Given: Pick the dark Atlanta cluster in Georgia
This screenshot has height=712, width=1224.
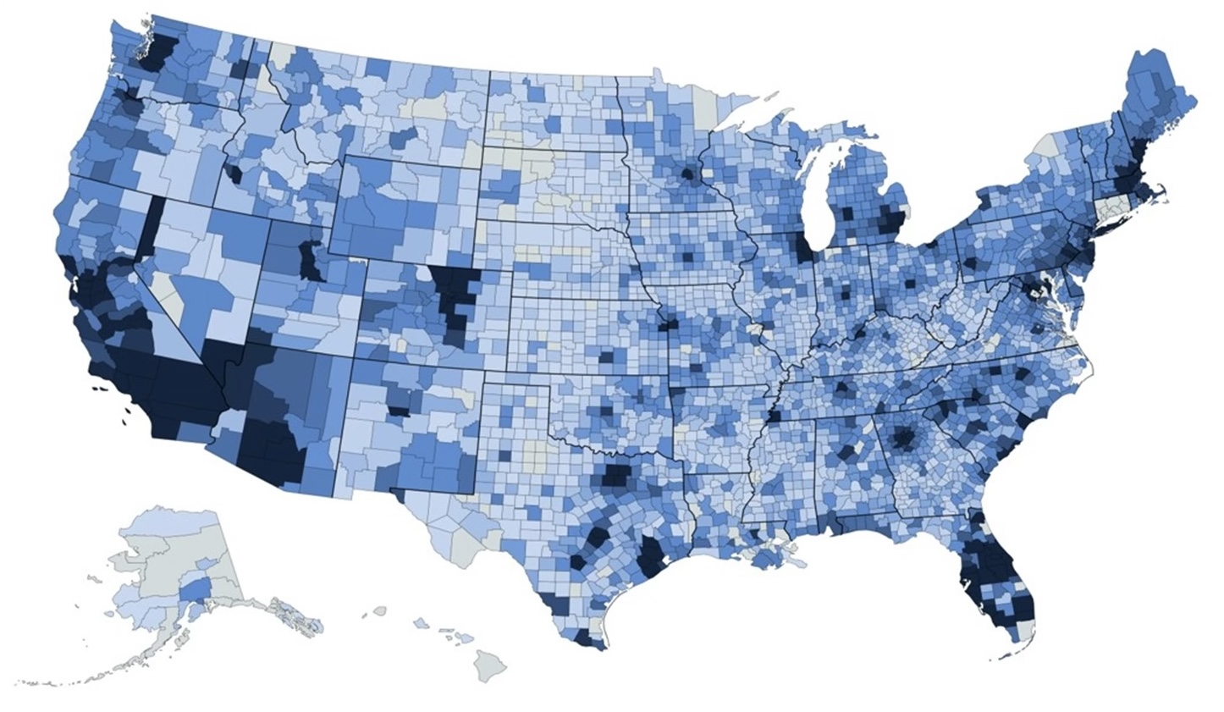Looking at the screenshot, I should point(902,439).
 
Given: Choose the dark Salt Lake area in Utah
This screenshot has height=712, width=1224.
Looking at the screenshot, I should point(310,261).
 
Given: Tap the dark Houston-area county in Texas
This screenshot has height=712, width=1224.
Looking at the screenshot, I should point(651,556).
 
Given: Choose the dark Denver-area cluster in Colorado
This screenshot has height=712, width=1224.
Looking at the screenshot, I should point(452,292).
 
